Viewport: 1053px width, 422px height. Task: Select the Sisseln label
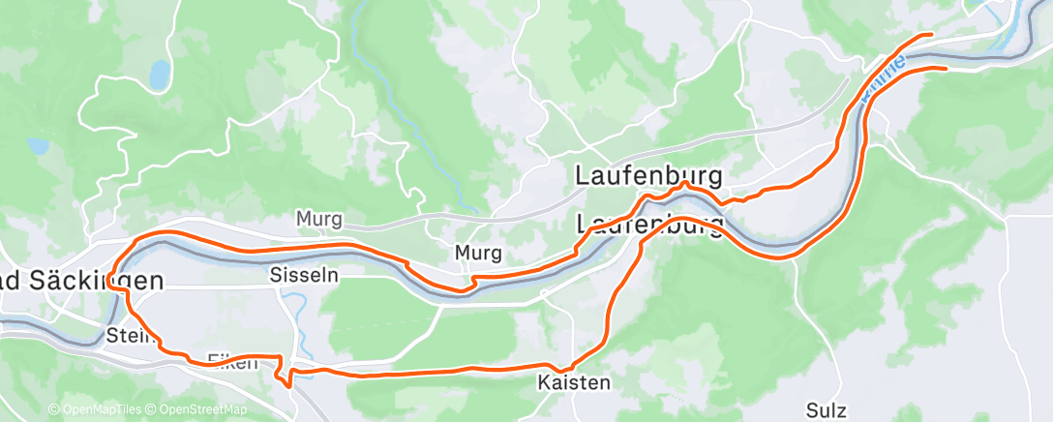coord(305,275)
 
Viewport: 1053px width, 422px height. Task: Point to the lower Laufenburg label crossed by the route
coord(650,226)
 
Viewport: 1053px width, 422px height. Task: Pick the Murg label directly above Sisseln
coord(319,221)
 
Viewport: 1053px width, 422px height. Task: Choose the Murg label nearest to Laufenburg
coord(478,254)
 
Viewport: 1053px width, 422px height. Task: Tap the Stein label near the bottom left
coord(125,337)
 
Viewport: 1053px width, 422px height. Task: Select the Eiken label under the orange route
coord(232,363)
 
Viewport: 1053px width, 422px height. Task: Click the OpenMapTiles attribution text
coord(96,410)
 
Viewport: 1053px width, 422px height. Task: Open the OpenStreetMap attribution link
coord(197,410)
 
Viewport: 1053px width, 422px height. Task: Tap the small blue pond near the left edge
coord(38,146)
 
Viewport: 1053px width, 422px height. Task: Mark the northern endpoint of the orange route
coord(930,35)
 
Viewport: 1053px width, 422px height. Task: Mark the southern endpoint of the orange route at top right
coord(944,68)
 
